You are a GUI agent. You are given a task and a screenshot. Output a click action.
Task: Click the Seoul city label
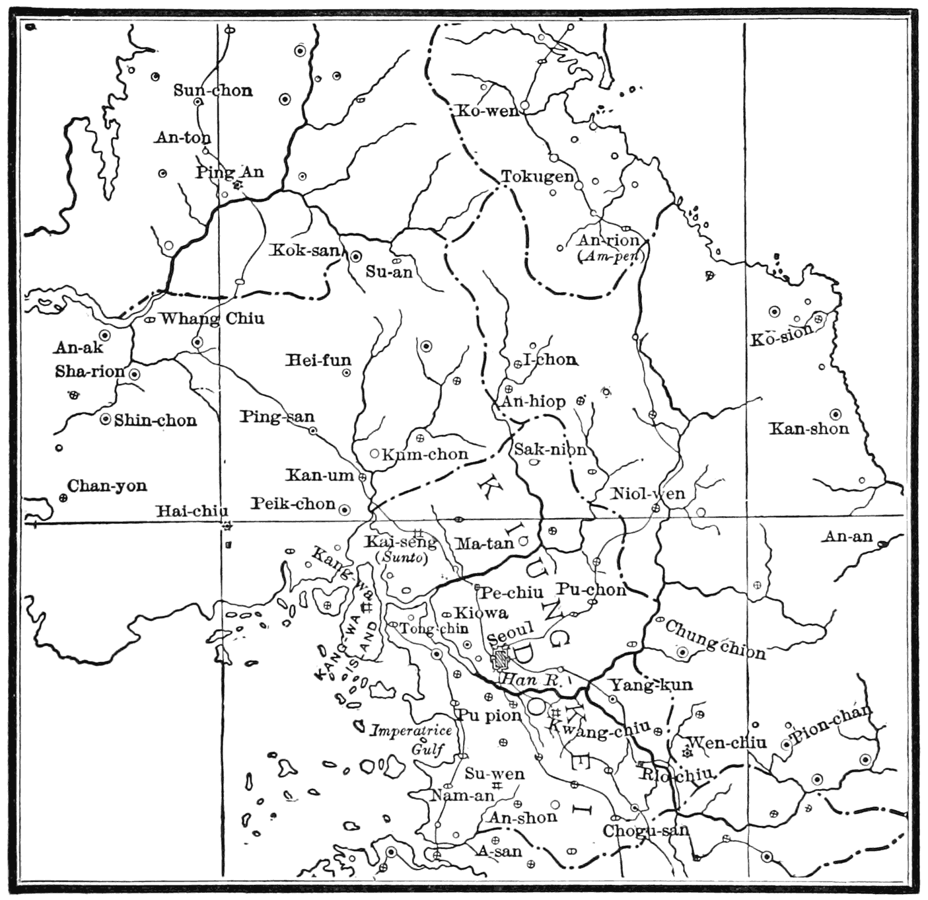(511, 635)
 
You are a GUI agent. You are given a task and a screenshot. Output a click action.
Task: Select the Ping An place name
(229, 172)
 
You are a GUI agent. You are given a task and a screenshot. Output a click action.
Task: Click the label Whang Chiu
(212, 319)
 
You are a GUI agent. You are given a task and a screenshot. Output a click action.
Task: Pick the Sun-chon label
(213, 91)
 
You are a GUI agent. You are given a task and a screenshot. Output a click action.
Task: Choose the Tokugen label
(537, 176)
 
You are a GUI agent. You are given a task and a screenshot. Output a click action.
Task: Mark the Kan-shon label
(808, 429)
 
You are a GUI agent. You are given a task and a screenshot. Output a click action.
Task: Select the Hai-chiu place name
(192, 511)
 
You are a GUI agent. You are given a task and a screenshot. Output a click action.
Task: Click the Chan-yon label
(107, 486)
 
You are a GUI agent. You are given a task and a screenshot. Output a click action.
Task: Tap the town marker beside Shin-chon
(104, 420)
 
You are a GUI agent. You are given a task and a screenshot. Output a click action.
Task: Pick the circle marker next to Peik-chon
(344, 509)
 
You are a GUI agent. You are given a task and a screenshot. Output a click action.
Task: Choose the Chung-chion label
(715, 639)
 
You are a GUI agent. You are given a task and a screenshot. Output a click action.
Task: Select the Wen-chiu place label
(727, 743)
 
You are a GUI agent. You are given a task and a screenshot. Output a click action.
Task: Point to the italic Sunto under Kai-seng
(402, 556)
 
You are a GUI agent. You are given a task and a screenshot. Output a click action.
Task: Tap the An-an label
(847, 537)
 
